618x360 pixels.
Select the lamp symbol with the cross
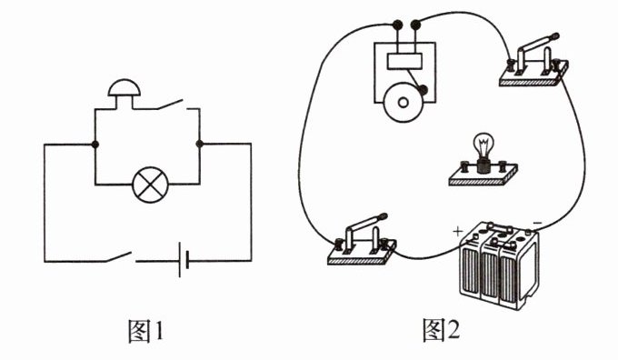click(150, 185)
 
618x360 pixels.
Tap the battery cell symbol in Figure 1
click(184, 260)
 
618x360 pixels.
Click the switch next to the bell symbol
click(170, 105)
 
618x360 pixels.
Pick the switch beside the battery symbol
click(118, 256)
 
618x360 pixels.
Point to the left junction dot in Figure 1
click(95, 145)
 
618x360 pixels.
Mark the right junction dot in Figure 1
click(199, 144)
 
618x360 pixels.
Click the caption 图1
click(145, 330)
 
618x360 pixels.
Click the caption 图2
click(441, 330)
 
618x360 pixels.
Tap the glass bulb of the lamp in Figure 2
click(483, 145)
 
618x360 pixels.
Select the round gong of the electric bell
click(403, 103)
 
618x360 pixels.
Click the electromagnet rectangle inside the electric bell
click(404, 61)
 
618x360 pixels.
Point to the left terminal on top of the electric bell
click(397, 25)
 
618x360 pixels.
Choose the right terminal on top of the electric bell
click(415, 25)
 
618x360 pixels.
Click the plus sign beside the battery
click(457, 231)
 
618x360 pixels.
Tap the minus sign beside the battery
click(538, 224)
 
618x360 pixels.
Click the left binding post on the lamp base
click(463, 167)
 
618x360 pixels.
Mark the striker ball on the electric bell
click(423, 90)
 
